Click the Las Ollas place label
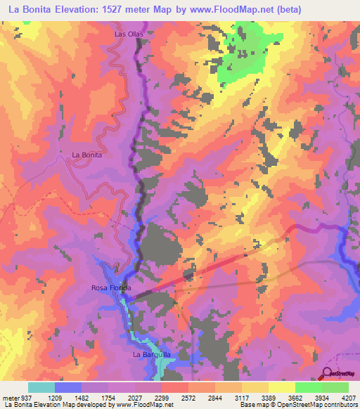click(x=128, y=33)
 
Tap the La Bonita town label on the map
click(x=87, y=155)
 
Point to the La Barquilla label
click(x=152, y=355)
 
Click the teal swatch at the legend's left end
click(x=41, y=387)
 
